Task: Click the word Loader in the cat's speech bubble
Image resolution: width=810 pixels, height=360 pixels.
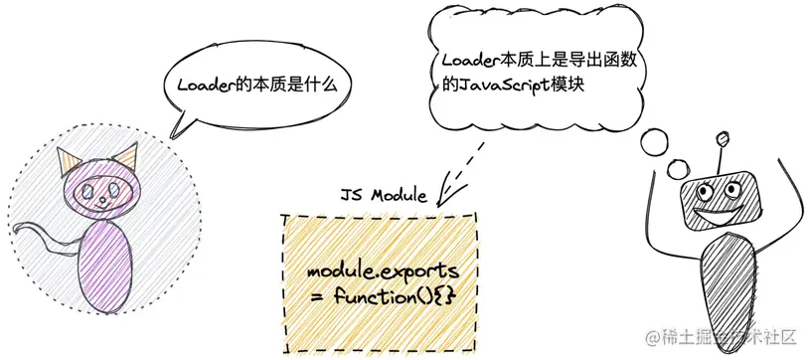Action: coord(205,85)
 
